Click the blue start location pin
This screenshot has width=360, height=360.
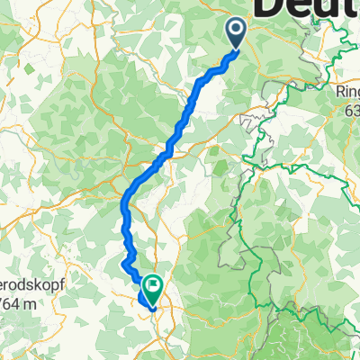tap(236, 34)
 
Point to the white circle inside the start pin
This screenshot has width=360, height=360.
tap(236, 31)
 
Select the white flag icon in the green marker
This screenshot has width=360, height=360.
tap(153, 286)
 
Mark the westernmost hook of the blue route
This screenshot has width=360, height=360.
tap(121, 264)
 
